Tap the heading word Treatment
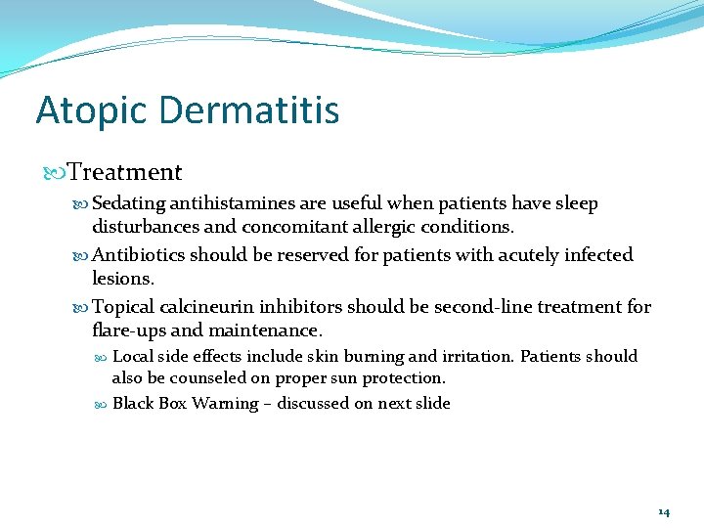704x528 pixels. coord(125,173)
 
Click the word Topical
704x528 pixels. coord(122,307)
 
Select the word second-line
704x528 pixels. coord(481,307)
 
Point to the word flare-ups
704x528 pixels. coord(129,330)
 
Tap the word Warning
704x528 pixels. coord(225,404)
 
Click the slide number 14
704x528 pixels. coord(664,512)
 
